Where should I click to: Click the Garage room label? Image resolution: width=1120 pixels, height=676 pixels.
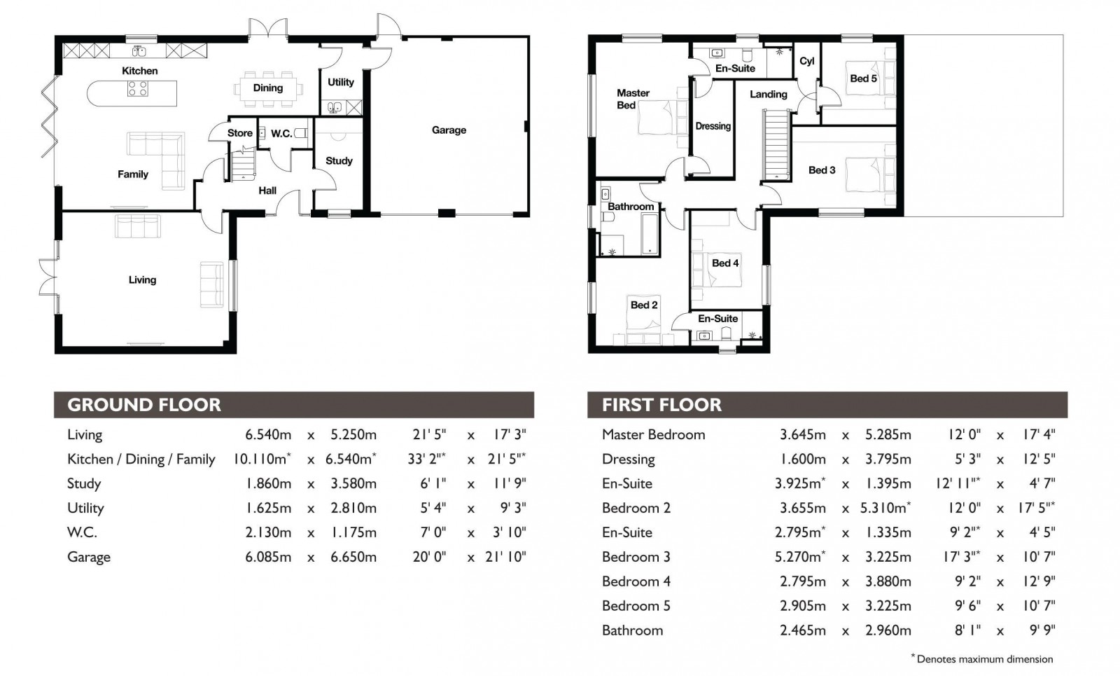[449, 130]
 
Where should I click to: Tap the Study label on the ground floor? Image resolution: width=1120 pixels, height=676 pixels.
[339, 160]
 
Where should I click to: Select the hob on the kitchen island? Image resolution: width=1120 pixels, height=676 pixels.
[138, 89]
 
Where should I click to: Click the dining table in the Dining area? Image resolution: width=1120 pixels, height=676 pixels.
[268, 88]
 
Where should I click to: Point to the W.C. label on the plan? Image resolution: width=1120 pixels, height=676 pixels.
[281, 133]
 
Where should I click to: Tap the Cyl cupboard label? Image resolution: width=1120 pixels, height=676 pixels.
[806, 61]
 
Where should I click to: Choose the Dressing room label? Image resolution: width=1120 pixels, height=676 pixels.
[713, 126]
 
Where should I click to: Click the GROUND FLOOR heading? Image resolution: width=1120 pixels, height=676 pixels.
[144, 405]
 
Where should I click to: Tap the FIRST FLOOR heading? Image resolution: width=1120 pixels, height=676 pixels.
[661, 405]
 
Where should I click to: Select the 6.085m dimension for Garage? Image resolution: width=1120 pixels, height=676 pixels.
[268, 557]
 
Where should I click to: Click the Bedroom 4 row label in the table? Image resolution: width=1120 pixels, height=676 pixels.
[636, 581]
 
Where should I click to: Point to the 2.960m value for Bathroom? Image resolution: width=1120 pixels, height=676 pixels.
[888, 630]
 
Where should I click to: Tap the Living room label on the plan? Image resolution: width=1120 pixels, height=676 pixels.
[142, 280]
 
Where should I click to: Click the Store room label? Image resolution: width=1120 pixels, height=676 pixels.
[239, 133]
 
